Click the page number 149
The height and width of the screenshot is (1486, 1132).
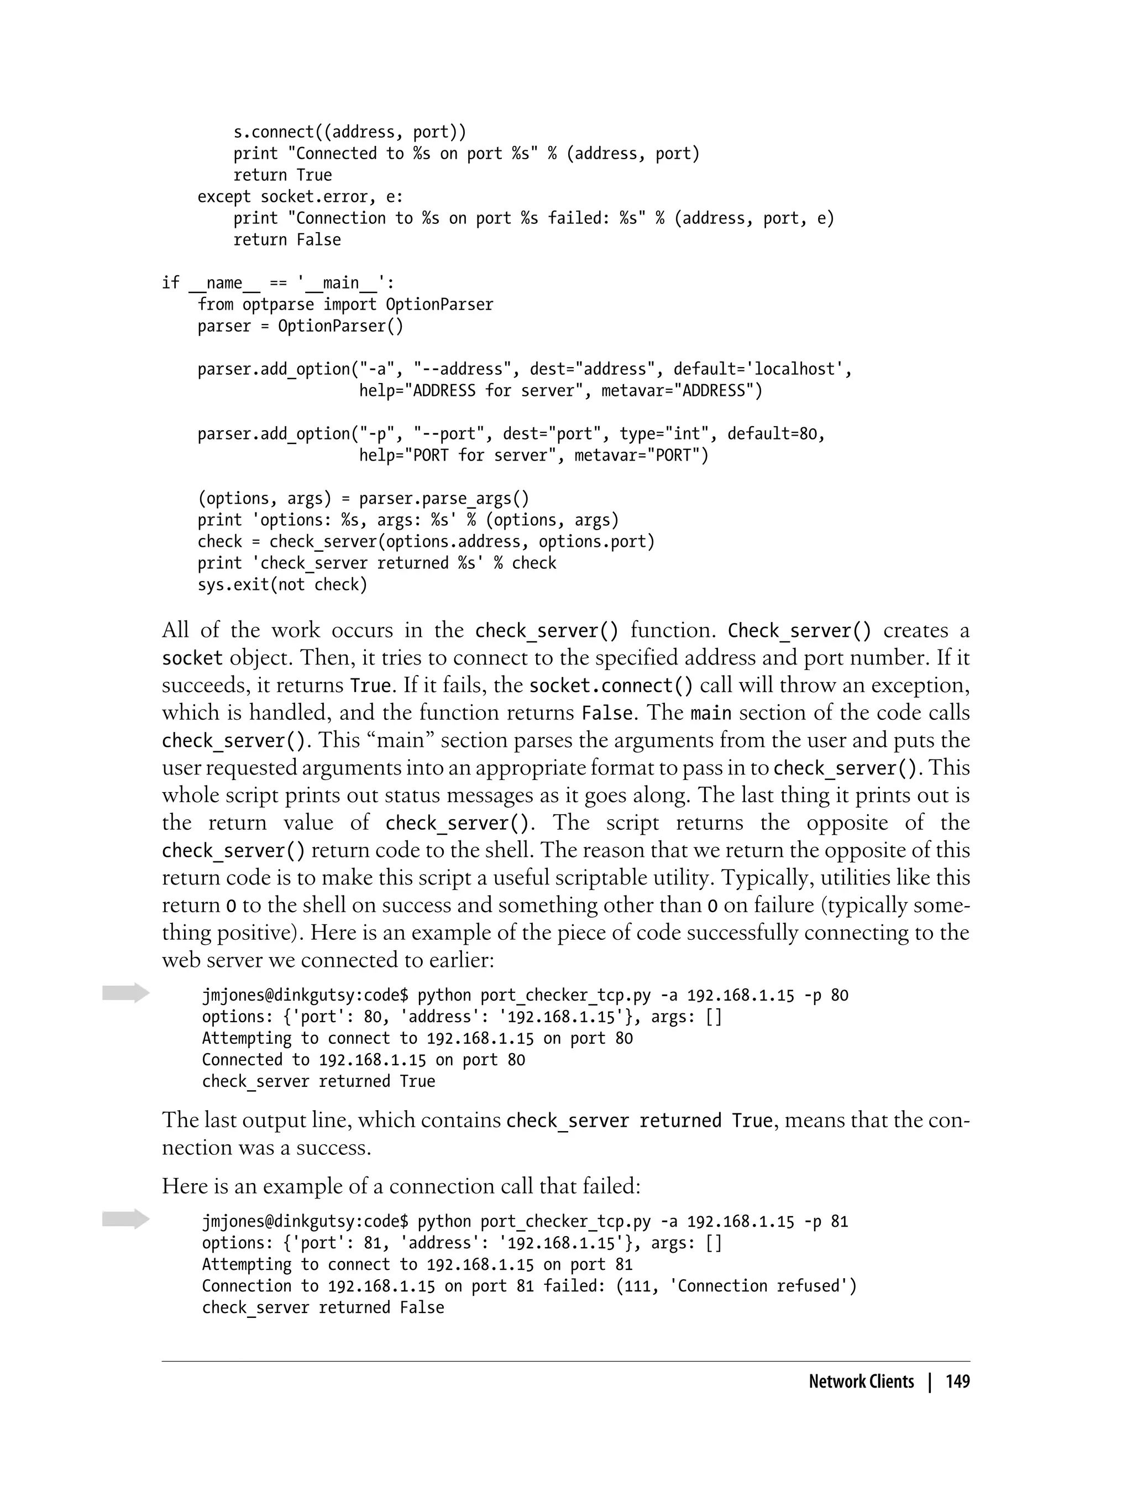957,1382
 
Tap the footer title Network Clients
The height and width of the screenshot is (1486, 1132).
861,1382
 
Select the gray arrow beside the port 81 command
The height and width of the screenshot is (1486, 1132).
125,1218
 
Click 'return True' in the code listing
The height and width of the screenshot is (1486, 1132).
282,175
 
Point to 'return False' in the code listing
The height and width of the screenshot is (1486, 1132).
286,240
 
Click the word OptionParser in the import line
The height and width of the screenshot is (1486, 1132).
439,305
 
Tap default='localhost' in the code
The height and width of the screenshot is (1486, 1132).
762,369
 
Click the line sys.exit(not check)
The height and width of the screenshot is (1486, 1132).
282,585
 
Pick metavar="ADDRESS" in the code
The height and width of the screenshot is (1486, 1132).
681,391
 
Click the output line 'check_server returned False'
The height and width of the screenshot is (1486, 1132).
323,1307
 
